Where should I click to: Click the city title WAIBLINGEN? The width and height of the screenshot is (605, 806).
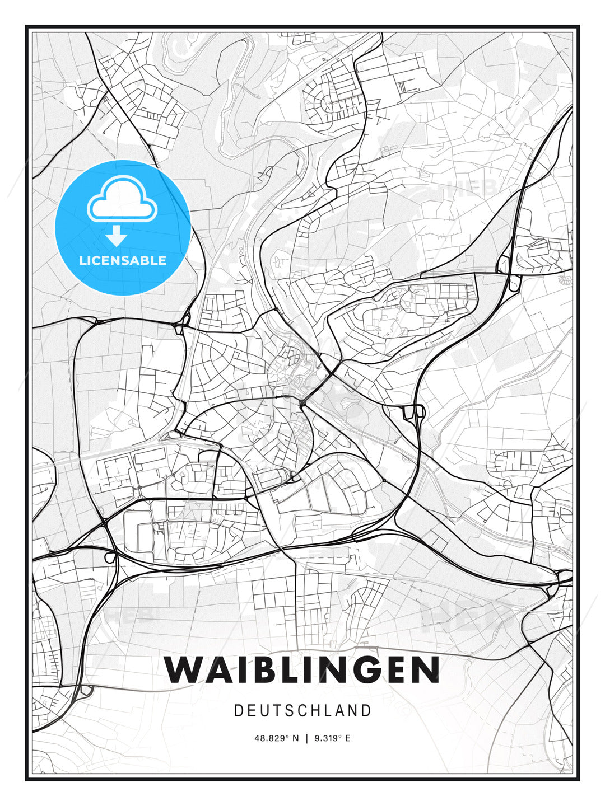[302, 669]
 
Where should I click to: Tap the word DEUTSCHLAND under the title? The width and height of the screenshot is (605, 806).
[302, 711]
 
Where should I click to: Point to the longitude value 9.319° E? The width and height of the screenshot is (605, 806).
[332, 738]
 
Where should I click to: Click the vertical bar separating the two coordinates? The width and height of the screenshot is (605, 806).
[306, 738]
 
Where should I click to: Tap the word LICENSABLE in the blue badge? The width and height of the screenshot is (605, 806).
[123, 260]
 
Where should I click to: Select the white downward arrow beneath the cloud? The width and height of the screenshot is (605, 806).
[117, 236]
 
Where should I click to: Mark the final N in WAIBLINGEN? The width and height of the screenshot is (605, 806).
[424, 669]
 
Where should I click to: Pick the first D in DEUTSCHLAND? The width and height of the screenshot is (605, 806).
[239, 711]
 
